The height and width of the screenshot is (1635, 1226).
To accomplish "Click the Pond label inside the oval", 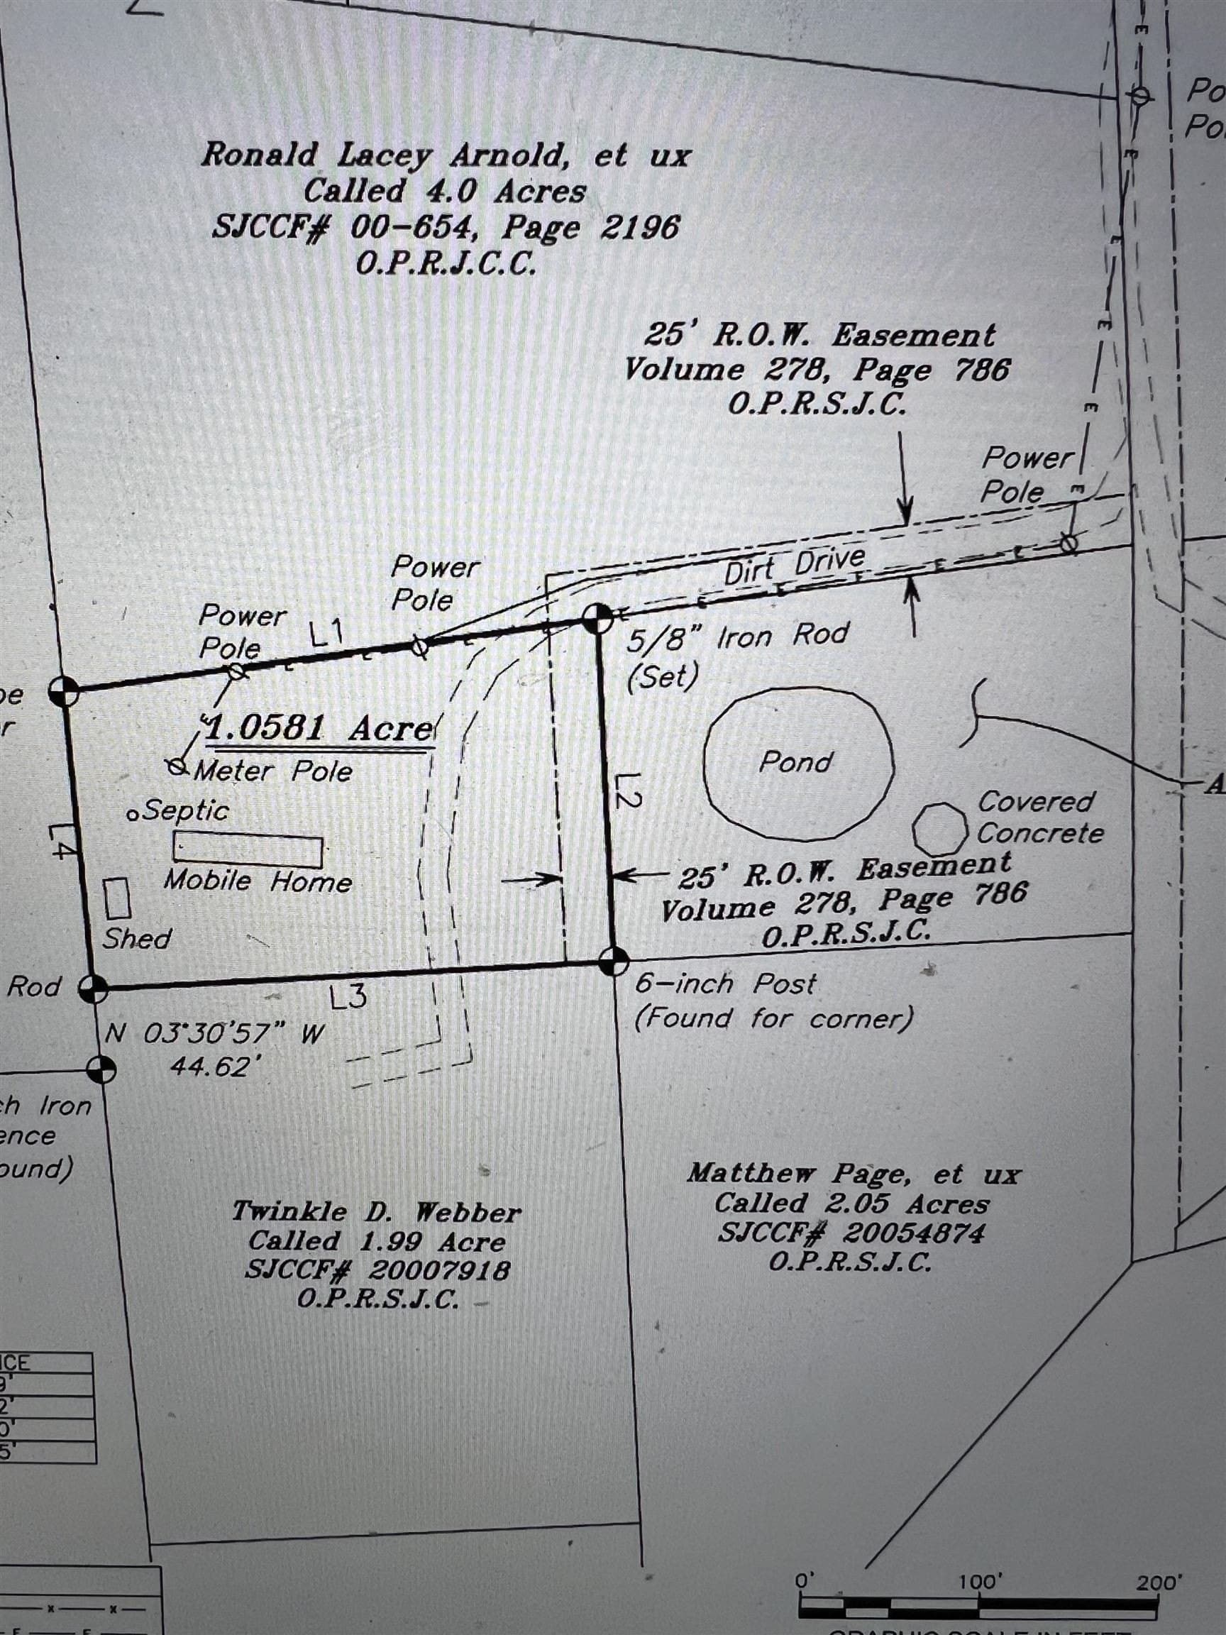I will pos(795,762).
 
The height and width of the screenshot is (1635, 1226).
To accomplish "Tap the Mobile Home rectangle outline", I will pos(248,849).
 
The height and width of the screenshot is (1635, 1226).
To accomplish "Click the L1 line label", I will pos(326,633).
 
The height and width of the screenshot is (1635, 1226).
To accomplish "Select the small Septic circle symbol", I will pos(133,815).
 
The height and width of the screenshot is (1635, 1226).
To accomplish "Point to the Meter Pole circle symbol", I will pos(177,766).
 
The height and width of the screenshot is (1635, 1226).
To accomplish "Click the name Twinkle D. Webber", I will pos(376,1211).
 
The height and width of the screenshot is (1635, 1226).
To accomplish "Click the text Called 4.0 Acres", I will pos(444,192).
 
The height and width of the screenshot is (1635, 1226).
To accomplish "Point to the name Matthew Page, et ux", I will pos(854,1173).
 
